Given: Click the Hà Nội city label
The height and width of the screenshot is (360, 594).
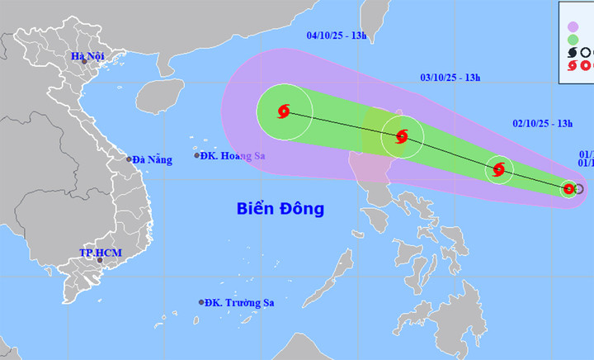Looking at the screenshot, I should coord(87,57).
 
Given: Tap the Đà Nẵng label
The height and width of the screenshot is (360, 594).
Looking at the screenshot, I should coord(153,160).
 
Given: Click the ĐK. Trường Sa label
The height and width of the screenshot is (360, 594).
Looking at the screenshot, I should coord(240,303).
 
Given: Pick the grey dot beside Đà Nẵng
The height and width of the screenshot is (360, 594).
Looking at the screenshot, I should coord(130,159).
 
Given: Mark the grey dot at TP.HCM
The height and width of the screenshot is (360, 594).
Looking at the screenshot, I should coord(101,260).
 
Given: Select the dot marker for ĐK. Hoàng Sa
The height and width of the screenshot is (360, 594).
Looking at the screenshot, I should coord(197,155).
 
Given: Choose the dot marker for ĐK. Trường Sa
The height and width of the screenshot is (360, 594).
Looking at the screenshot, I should coord(201,302).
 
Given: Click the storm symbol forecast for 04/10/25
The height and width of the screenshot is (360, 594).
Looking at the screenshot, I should coord(284,111).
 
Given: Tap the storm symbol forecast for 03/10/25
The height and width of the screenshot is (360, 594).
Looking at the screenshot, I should coord(402,137).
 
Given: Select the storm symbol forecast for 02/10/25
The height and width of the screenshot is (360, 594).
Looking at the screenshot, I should coord(498,170).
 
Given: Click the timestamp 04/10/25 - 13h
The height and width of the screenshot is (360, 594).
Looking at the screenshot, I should coord(337,36).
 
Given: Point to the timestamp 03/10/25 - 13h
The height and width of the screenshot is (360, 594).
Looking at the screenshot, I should coord(450,78).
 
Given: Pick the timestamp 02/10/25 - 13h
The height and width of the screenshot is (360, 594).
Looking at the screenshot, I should coord(542,123).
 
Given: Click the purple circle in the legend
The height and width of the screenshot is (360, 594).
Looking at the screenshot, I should coord(573,26).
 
